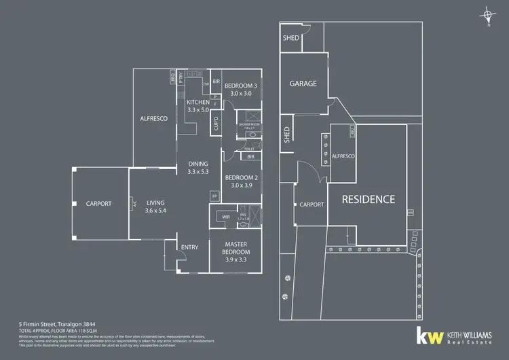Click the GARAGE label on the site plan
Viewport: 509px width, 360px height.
tap(303, 84)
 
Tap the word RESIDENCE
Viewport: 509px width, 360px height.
tap(368, 199)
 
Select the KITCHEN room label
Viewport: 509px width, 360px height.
tap(198, 102)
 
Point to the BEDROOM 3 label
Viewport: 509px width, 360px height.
tap(241, 85)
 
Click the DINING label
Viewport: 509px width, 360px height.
tap(198, 164)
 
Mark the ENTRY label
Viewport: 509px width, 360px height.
tap(189, 247)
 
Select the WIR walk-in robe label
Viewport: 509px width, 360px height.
tap(225, 217)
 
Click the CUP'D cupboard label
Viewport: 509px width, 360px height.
tap(215, 125)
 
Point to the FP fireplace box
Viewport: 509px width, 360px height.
tap(214, 196)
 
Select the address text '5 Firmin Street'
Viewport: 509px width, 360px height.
tap(38, 324)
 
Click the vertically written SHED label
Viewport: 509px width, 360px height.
tap(287, 137)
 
